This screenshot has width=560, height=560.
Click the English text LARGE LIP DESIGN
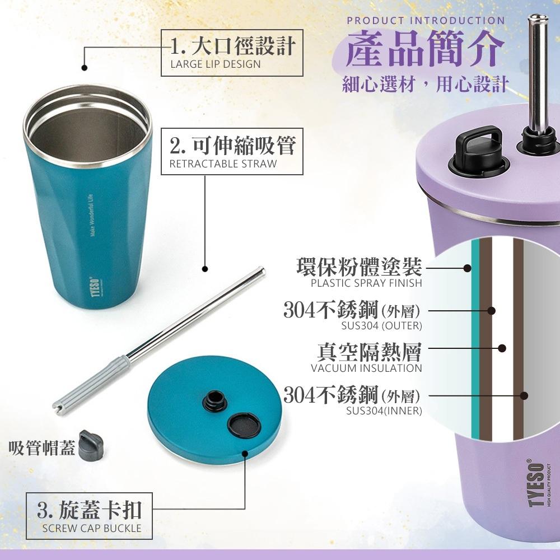click(x=216, y=64)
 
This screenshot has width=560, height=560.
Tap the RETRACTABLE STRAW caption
click(x=223, y=164)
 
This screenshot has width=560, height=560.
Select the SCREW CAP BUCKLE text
click(x=92, y=528)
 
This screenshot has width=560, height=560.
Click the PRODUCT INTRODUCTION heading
click(x=426, y=20)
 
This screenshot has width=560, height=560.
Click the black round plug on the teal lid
click(x=244, y=426)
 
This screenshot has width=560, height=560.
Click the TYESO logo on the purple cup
click(x=536, y=483)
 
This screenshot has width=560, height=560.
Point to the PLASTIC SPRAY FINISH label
click(x=366, y=283)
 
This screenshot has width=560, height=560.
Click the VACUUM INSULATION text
click(x=366, y=368)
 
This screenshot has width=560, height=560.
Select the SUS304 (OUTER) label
click(x=381, y=326)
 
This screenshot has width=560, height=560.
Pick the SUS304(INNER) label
click(x=384, y=410)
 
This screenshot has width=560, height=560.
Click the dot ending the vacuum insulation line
click(x=502, y=348)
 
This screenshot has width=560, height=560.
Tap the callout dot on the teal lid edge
click(x=245, y=454)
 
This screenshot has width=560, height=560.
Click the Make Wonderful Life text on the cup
click(x=91, y=215)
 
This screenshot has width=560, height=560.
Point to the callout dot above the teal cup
click(x=85, y=68)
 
